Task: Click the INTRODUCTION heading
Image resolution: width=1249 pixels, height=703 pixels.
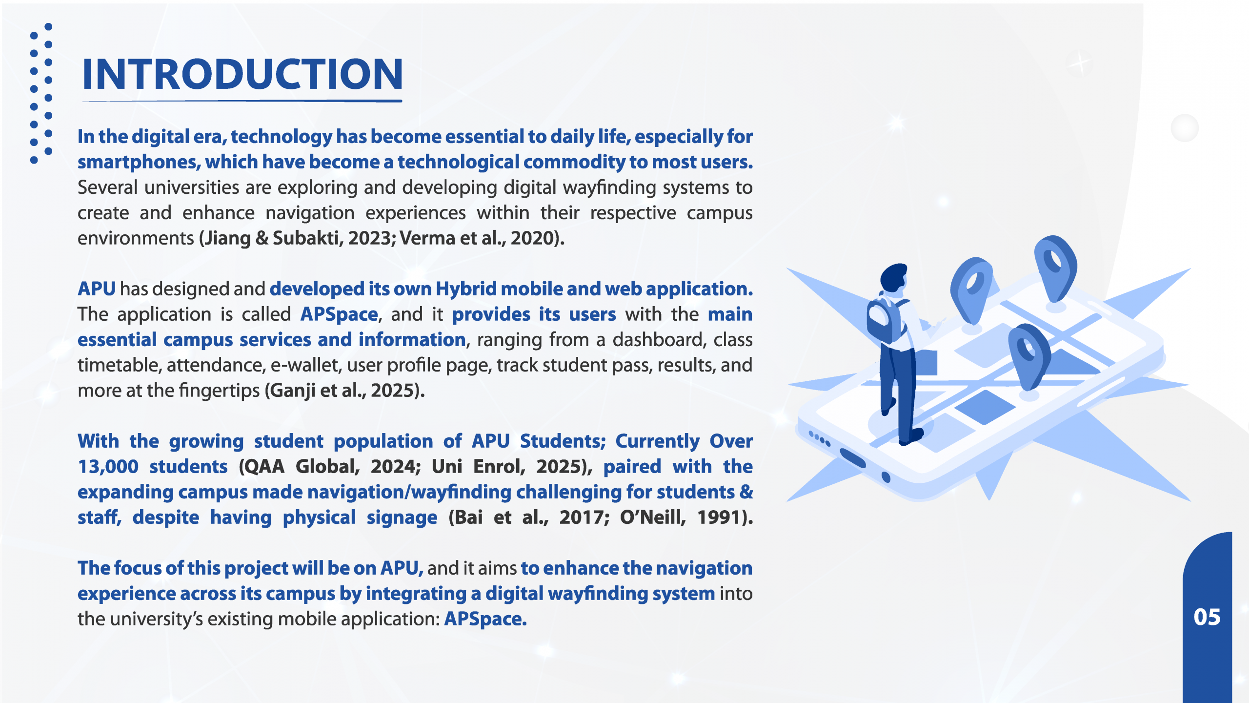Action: [242, 74]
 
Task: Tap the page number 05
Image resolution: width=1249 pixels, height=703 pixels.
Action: [1207, 617]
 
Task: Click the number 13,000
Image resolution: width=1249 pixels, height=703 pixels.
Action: [108, 467]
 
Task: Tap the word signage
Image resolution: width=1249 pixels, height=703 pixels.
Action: [402, 518]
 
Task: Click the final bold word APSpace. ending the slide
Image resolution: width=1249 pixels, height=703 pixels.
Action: [485, 620]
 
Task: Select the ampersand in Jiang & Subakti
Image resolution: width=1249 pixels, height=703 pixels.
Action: [262, 238]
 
